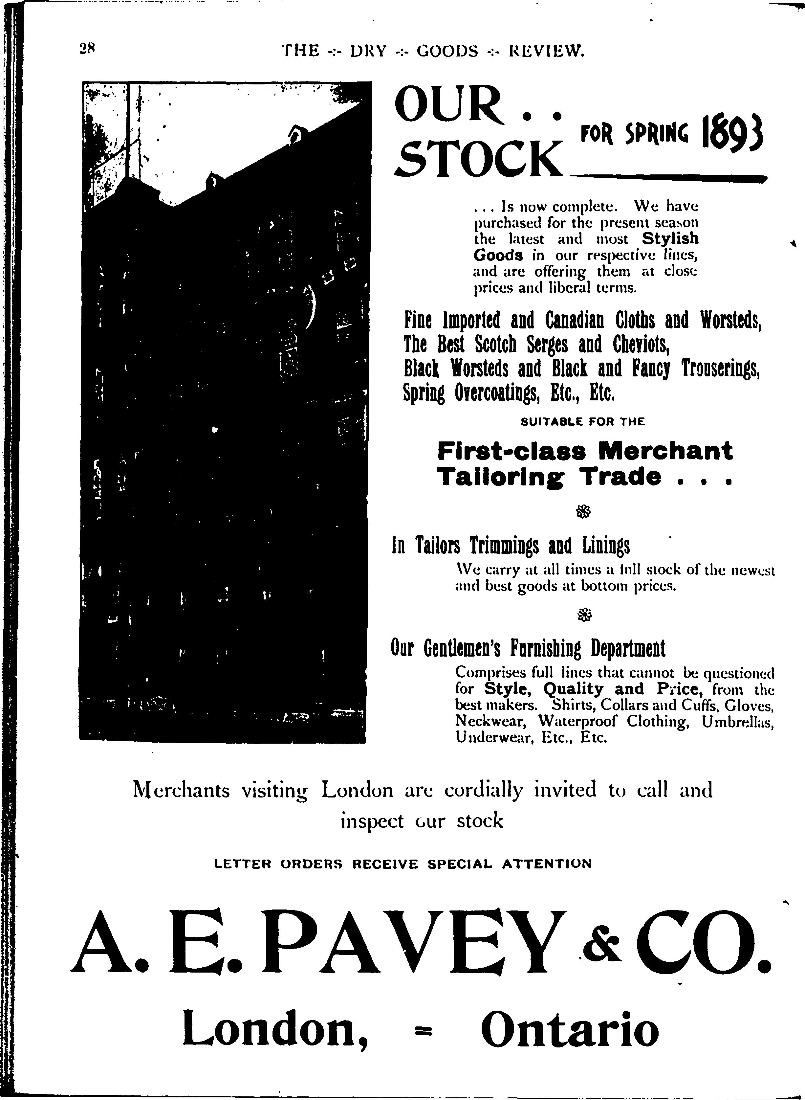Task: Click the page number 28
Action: (x=89, y=49)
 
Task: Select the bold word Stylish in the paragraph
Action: (x=670, y=238)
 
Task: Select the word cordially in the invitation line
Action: (x=483, y=790)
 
